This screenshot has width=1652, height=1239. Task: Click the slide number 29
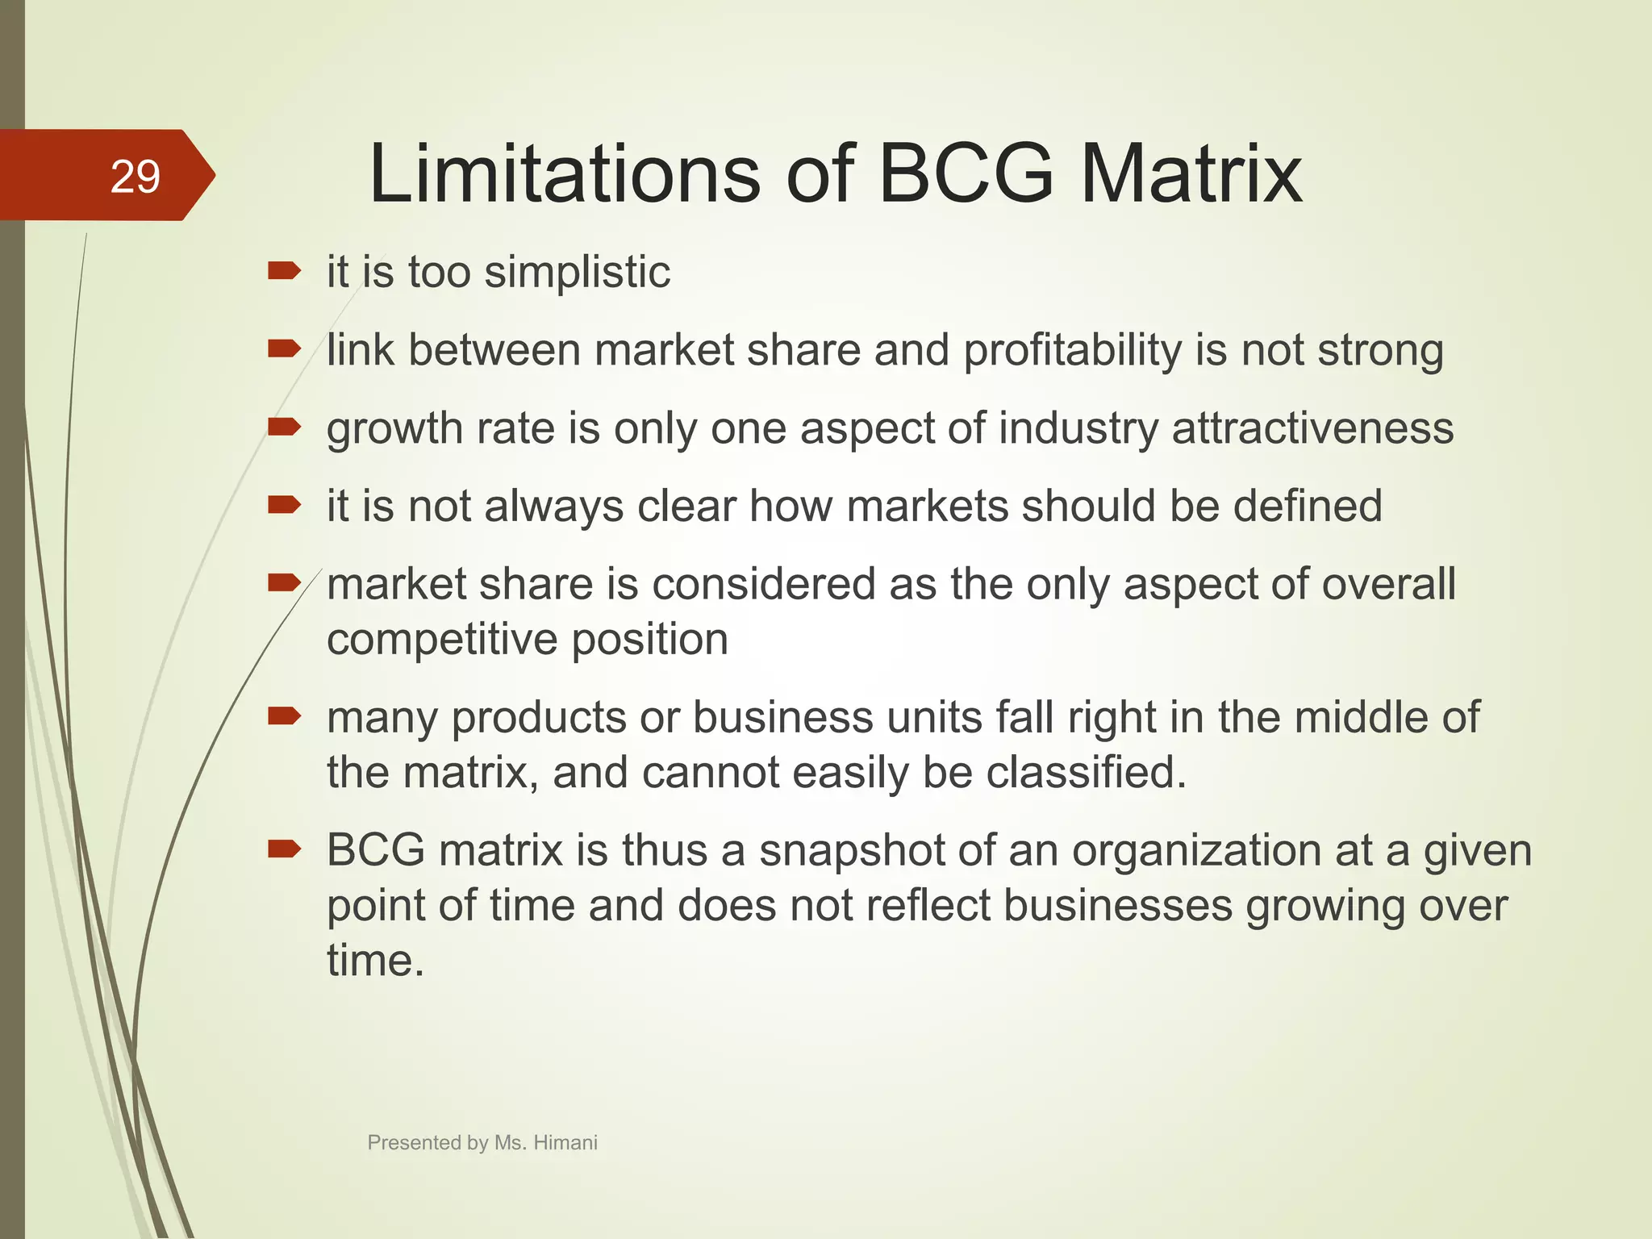tap(135, 177)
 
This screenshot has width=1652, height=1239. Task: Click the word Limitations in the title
tap(564, 173)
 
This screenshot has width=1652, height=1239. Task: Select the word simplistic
tap(577, 272)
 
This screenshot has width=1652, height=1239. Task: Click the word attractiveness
tap(1312, 428)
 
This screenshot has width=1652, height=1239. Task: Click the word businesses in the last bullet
tap(1118, 905)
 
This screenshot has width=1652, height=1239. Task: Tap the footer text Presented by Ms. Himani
tap(482, 1142)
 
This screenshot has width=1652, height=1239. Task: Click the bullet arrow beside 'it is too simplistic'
tap(284, 271)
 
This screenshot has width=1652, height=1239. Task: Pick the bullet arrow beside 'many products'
tap(284, 715)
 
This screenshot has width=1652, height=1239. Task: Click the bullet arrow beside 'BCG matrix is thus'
tap(284, 849)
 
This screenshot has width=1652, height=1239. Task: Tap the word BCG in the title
tap(966, 173)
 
